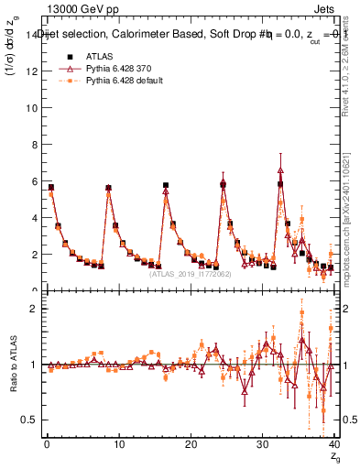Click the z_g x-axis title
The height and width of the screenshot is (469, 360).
tap(335, 457)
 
